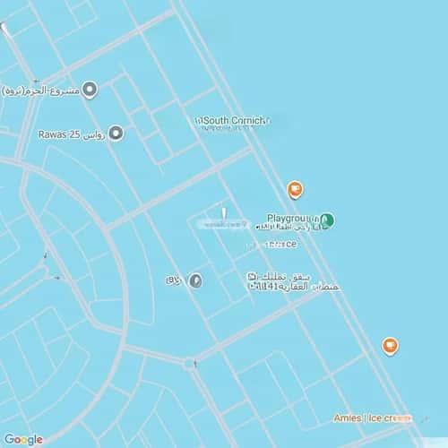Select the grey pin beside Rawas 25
coord(115,134)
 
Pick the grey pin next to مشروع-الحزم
coord(89,89)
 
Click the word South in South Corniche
coord(218,120)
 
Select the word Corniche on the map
coord(252,120)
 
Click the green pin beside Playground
coord(327,220)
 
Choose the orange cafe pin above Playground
coord(294,189)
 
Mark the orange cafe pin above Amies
coord(390,346)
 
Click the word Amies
coord(348,418)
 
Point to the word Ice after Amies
coord(376,418)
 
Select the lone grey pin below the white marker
coord(195,280)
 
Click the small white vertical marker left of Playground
coord(224,213)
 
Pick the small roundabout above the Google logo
coord(190,364)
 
